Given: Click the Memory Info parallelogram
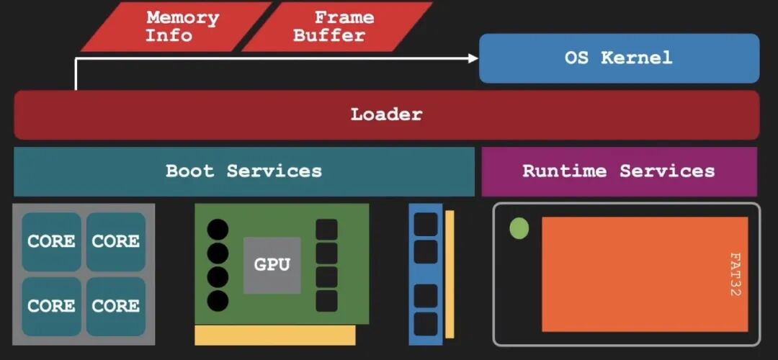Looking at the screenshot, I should pos(176,27).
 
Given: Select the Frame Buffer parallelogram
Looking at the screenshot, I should pos(336,27).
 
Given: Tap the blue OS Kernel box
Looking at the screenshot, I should pos(619,58).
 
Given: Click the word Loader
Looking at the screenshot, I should pos(386,114).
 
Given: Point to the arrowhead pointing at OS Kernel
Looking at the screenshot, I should pos(473,58).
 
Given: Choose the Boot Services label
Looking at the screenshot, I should pos(243,171).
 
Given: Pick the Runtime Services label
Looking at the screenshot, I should pos(618,171).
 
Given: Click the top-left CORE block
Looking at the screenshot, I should pos(51,241).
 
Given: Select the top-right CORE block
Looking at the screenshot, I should pos(115,241).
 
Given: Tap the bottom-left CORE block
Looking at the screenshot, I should pos(51,306).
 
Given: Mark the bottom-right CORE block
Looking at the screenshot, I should pos(115,306).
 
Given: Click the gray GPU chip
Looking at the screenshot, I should pos(272,264).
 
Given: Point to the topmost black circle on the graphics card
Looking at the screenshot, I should pos(218,230).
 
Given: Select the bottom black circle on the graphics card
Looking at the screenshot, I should pos(218,300).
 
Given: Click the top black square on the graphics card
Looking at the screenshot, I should pos(326,230).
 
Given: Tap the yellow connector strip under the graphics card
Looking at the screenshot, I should pos(274,335).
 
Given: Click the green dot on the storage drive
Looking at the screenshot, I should pos(519,229).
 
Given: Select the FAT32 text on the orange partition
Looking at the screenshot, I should pos(735,274).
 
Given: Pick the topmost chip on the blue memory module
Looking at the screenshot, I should pos(426,224).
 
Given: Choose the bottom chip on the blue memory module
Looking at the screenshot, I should pos(426,323).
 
